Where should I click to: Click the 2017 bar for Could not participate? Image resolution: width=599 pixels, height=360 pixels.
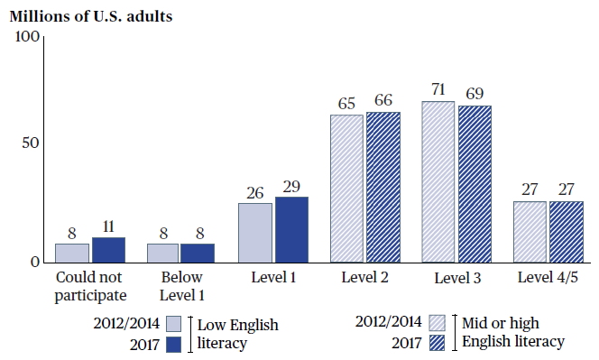pyautogui.click(x=108, y=250)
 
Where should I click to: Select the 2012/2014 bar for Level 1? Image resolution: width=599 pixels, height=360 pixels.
pyautogui.click(x=255, y=233)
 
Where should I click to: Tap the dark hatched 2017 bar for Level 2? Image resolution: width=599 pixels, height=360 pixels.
pyautogui.click(x=383, y=188)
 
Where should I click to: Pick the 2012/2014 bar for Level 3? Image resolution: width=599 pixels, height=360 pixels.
pyautogui.click(x=438, y=182)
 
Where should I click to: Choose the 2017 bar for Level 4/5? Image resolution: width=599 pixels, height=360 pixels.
pyautogui.click(x=567, y=232)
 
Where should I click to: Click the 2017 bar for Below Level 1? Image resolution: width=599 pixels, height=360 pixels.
pyautogui.click(x=198, y=253)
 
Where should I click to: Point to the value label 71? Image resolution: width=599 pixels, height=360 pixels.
pyautogui.click(x=438, y=89)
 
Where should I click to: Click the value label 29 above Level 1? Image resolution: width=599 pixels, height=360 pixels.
pyautogui.click(x=291, y=187)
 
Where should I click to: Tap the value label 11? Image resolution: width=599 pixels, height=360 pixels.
pyautogui.click(x=108, y=226)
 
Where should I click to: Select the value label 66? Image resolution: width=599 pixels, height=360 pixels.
pyautogui.click(x=383, y=100)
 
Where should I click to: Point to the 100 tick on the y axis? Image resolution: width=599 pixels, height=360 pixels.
pyautogui.click(x=27, y=37)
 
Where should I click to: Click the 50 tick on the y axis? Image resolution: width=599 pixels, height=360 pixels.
pyautogui.click(x=31, y=143)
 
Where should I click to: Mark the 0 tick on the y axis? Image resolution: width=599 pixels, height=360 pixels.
pyautogui.click(x=35, y=263)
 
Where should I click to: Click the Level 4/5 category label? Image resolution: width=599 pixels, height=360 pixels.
pyautogui.click(x=548, y=278)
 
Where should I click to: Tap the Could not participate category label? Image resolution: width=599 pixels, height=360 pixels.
pyautogui.click(x=90, y=287)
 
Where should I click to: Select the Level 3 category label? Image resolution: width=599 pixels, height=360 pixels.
pyautogui.click(x=457, y=278)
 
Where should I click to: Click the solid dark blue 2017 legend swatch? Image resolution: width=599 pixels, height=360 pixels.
pyautogui.click(x=174, y=345)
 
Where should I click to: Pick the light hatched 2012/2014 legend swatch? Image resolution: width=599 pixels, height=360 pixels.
pyautogui.click(x=437, y=322)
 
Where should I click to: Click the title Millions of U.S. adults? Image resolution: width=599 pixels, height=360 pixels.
pyautogui.click(x=91, y=16)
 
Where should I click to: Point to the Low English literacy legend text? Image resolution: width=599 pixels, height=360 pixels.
pyautogui.click(x=237, y=334)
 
